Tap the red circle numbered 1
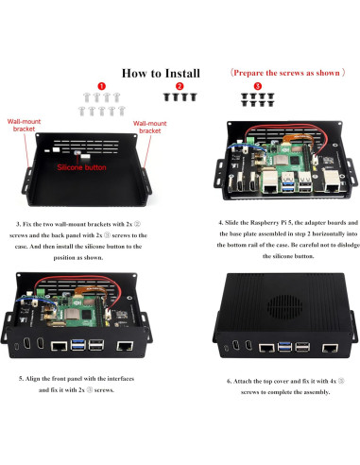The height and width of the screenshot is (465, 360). coord(100,86)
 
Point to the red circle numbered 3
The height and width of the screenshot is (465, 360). coord(257,86)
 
